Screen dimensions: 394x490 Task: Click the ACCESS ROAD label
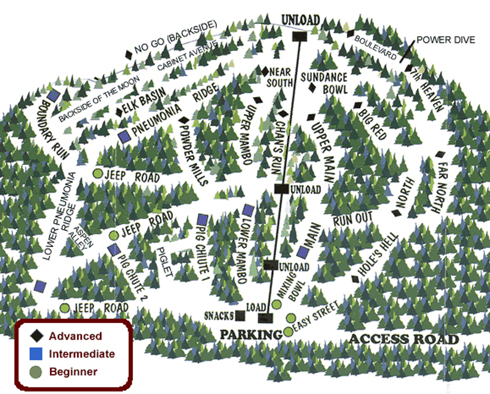coord(404,339)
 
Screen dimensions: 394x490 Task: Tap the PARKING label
coord(251,334)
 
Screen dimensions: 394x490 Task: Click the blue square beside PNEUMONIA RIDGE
coord(124,137)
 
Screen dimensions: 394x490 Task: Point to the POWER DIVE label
coord(445,40)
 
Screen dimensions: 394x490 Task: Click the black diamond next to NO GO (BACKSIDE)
coord(128,55)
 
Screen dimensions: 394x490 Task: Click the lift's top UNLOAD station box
coord(300,36)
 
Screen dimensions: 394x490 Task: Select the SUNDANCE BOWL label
coord(324,83)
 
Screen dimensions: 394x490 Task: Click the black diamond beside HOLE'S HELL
coord(355,279)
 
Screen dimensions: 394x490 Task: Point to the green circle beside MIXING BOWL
coord(277,305)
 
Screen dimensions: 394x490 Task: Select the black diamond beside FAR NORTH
coord(440,154)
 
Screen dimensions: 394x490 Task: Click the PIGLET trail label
coord(165,262)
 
